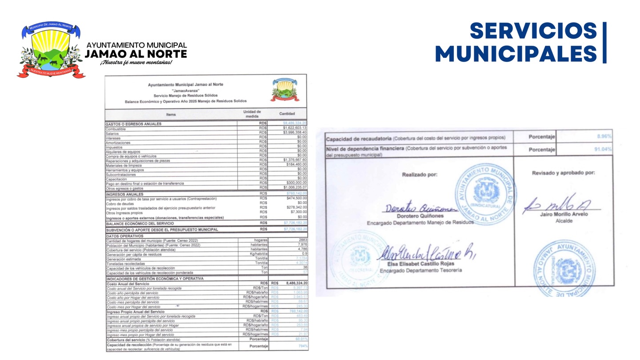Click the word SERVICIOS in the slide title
tap(533, 31)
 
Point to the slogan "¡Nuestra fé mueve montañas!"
tap(136, 62)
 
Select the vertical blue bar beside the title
tap(604, 42)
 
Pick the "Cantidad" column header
tap(287, 114)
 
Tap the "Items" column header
tap(171, 114)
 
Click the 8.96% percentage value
tap(604, 136)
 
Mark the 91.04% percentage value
tap(603, 150)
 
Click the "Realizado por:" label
tap(420, 174)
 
